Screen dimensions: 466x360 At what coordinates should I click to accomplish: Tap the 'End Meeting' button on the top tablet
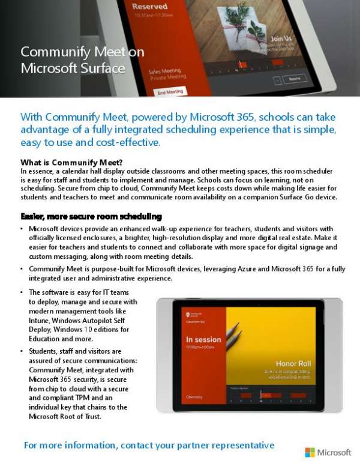pyautogui.click(x=170, y=92)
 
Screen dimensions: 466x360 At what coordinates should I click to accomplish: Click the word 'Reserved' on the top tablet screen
pyautogui.click(x=149, y=7)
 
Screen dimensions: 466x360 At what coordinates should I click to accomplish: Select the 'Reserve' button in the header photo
pyautogui.click(x=295, y=79)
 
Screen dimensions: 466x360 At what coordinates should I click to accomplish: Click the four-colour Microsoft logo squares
pyautogui.click(x=310, y=452)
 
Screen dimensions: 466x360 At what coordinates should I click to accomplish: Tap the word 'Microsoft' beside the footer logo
pyautogui.click(x=334, y=452)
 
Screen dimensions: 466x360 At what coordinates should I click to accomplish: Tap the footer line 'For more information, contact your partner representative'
pyautogui.click(x=149, y=445)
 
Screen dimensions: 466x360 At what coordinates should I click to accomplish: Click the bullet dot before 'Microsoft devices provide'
pyautogui.click(x=22, y=229)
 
